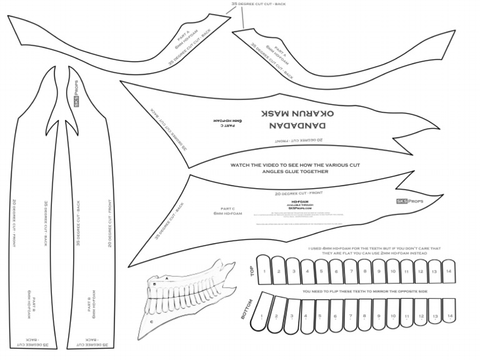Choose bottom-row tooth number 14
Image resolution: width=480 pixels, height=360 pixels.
[x=449, y=316]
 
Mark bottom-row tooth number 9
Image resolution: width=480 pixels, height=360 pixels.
[x=377, y=316]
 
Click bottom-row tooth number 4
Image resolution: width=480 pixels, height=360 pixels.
[x=304, y=316]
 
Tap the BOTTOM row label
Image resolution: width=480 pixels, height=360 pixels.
[x=247, y=310]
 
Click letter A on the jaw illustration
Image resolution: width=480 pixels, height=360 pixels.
[x=167, y=277]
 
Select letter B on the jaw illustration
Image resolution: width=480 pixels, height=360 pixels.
[x=154, y=284]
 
